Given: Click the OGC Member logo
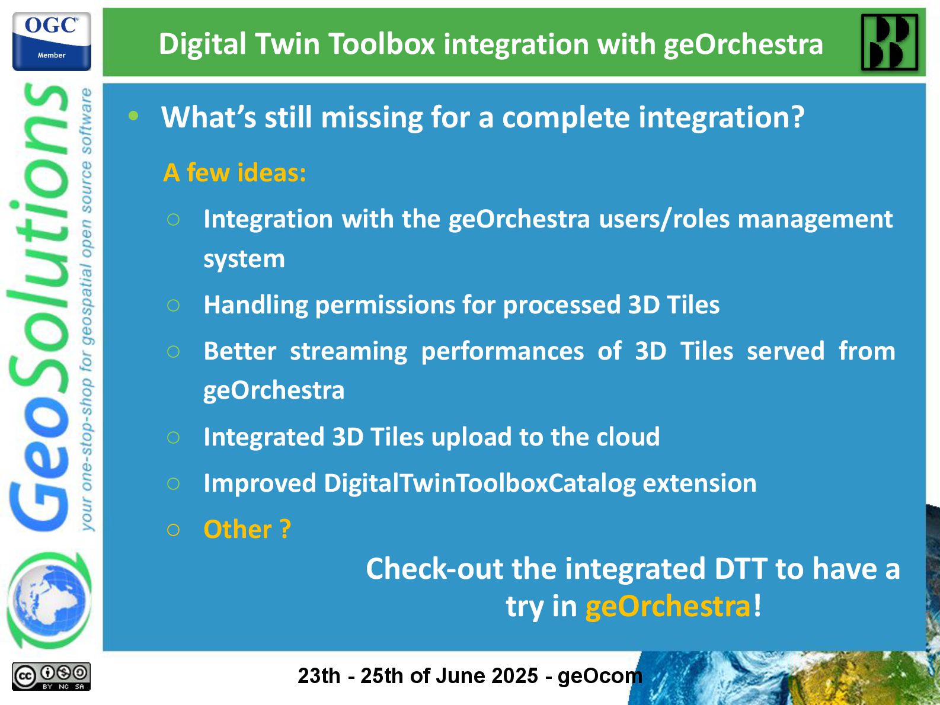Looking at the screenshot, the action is pos(52,41).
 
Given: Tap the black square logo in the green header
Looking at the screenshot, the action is pos(890,43).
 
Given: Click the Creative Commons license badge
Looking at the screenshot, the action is pos(51,677).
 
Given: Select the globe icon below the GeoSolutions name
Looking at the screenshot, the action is pos(49,600).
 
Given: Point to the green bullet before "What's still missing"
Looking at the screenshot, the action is pos(133,116).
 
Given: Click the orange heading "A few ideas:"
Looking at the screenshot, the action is pos(234,173).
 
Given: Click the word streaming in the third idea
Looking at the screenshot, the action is pos(348,351).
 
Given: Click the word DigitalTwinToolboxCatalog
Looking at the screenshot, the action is pos(480,483).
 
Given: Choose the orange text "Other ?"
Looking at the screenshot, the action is pos(247,530).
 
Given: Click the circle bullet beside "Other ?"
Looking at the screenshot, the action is pos(174,530).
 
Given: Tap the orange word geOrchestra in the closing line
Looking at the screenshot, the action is pos(667,607).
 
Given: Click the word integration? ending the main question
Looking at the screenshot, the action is pos(721,117).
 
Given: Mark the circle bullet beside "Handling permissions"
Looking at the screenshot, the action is pos(174,306).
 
